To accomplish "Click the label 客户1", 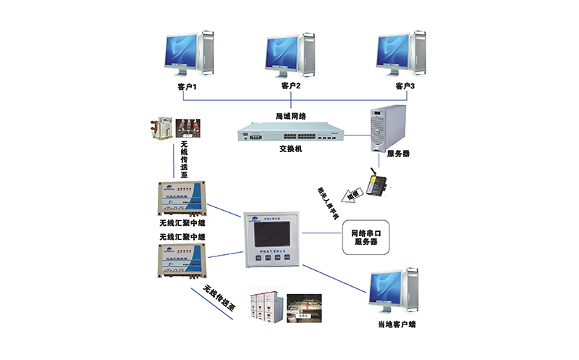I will (x=187, y=87).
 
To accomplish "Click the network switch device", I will (x=289, y=133).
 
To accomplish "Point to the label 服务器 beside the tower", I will (x=399, y=154).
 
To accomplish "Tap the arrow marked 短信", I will (x=337, y=195).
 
